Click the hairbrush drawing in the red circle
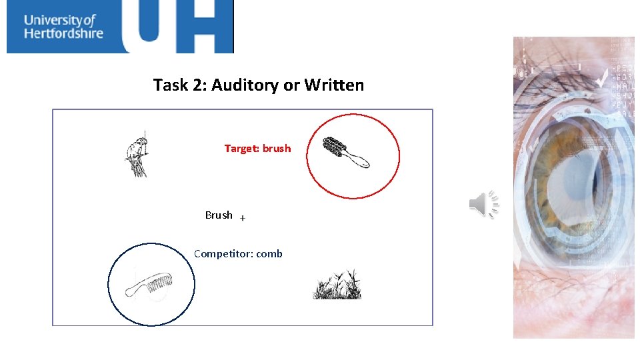click(x=345, y=153)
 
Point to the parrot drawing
click(x=137, y=157)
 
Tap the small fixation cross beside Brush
click(x=243, y=218)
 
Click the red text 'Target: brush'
click(x=257, y=149)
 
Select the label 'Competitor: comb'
click(x=238, y=254)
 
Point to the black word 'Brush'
click(x=219, y=215)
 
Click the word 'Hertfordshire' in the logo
click(x=63, y=33)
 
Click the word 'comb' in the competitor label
click(x=269, y=254)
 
